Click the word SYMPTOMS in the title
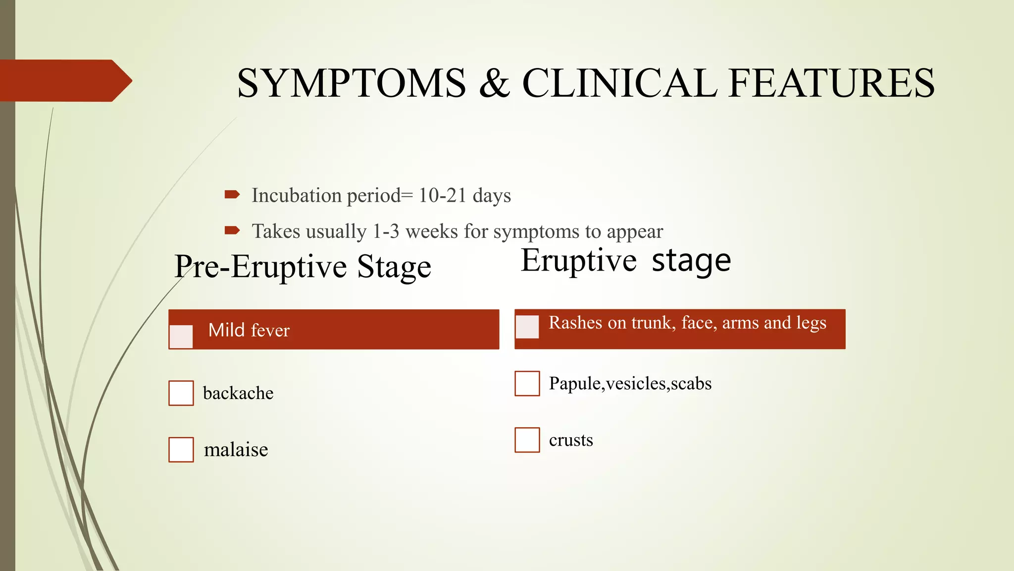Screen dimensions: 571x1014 point(352,83)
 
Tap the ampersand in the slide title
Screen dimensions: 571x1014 point(494,83)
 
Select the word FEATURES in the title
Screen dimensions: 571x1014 point(832,83)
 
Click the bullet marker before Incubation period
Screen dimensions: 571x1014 point(232,194)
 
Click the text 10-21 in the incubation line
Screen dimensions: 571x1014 point(442,195)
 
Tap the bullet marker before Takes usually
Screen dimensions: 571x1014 point(232,230)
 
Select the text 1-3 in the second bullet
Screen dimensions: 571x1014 point(386,231)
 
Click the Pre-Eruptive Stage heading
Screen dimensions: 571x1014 point(303,267)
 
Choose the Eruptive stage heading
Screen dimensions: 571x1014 point(626,261)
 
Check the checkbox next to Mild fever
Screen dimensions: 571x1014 point(181,337)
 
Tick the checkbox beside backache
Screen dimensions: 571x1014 point(181,393)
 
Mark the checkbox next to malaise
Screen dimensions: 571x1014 point(181,450)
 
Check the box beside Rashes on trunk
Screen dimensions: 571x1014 point(527,327)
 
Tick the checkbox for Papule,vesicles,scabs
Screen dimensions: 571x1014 point(527,384)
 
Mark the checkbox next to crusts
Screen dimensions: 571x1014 point(527,440)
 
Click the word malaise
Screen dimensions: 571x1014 point(236,450)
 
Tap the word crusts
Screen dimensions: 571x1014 point(571,440)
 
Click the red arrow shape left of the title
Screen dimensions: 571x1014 point(64,81)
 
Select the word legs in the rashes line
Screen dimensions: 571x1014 point(811,323)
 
